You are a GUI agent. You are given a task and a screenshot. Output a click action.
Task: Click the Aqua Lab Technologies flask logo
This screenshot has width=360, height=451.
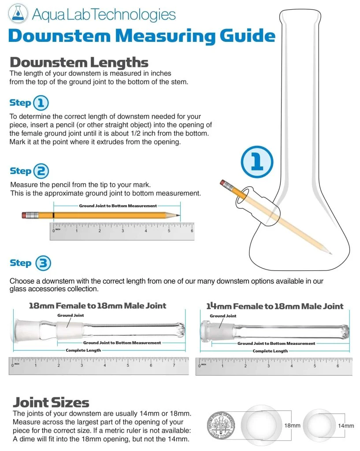pos(18,14)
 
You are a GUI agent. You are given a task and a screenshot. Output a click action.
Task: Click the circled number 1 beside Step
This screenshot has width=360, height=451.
pos(41,103)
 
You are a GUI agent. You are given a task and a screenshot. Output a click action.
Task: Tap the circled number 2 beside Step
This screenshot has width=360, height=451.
pos(41,171)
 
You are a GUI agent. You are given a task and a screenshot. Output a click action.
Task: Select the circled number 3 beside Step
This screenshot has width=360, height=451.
pos(43,263)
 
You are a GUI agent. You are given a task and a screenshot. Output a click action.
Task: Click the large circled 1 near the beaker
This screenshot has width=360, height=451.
pos(257,162)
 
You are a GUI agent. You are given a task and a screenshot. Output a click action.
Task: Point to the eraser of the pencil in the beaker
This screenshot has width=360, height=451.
pos(223,183)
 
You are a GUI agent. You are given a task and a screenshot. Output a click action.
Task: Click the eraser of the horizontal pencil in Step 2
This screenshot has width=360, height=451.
pos(26,215)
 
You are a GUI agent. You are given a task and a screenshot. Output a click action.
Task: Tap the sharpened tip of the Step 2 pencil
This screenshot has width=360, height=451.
pos(178,215)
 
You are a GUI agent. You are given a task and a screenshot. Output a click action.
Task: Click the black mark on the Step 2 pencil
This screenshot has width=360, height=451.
pos(53,215)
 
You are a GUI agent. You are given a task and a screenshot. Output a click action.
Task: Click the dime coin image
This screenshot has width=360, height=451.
pos(221,425)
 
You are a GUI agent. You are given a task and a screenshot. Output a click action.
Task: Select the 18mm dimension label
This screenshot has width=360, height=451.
pos(292,425)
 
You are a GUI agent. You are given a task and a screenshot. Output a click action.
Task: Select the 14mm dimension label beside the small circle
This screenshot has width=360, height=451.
pos(346,426)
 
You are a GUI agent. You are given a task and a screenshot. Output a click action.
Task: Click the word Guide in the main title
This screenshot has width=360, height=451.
pos(248,36)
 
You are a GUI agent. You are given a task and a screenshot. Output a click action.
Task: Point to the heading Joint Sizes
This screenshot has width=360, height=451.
pos(51,403)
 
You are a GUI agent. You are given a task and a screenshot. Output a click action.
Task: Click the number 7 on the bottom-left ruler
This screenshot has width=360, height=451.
pos(174,365)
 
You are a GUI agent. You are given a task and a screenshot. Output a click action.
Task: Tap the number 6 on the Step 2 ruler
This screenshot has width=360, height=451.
pos(192,231)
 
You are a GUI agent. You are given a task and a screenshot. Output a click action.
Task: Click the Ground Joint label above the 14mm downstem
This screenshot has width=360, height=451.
pos(223,316)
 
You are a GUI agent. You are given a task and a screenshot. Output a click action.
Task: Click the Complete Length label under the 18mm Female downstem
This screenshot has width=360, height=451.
pos(83,350)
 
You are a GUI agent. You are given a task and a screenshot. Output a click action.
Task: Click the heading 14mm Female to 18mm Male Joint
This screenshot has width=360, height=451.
pos(275,306)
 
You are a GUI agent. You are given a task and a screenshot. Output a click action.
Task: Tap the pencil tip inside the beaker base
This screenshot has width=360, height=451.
pos(330,253)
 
